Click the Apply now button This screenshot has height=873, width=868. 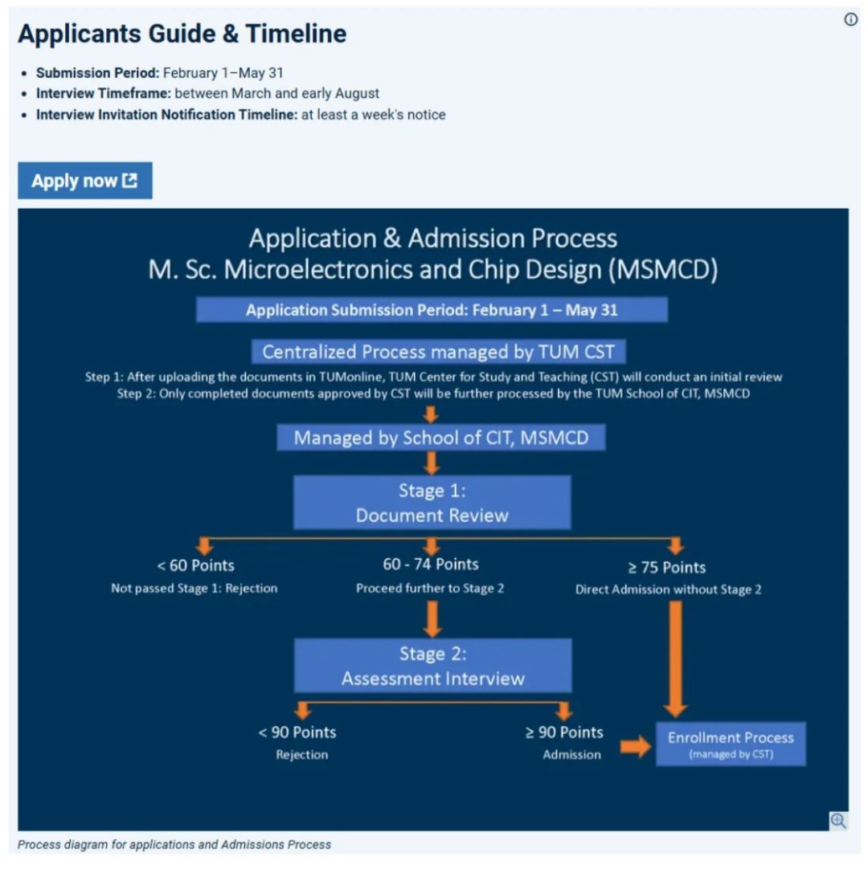point(84,181)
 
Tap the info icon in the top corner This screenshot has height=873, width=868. point(850,20)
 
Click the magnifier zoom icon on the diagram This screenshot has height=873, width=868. point(838,820)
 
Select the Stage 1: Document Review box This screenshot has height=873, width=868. point(432,503)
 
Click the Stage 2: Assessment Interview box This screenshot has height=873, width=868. point(432,666)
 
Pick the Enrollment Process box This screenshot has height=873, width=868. point(731,744)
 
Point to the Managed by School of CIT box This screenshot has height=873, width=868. point(440,438)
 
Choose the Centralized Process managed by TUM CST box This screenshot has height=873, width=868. point(438,352)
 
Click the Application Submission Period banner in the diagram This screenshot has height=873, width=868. point(432,310)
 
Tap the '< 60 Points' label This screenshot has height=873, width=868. point(195,565)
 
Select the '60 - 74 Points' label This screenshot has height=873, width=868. point(431,564)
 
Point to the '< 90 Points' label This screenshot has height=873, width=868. point(297,732)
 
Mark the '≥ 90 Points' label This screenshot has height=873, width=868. point(564,732)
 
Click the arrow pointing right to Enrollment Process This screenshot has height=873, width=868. point(636,747)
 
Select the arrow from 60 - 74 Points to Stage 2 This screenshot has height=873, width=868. point(432,619)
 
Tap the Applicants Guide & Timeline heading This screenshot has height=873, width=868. point(182,34)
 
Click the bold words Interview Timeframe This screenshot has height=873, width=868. point(103,93)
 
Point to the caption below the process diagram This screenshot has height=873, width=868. point(174,844)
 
